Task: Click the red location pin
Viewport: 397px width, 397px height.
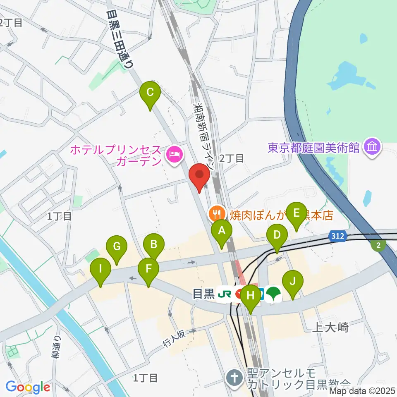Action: [x=200, y=176]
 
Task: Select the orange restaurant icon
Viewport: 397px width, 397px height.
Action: [x=215, y=214]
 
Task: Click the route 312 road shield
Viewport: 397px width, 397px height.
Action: [x=337, y=236]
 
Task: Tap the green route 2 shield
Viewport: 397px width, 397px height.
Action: [x=378, y=246]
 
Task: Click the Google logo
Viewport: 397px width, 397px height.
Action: [x=28, y=387]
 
